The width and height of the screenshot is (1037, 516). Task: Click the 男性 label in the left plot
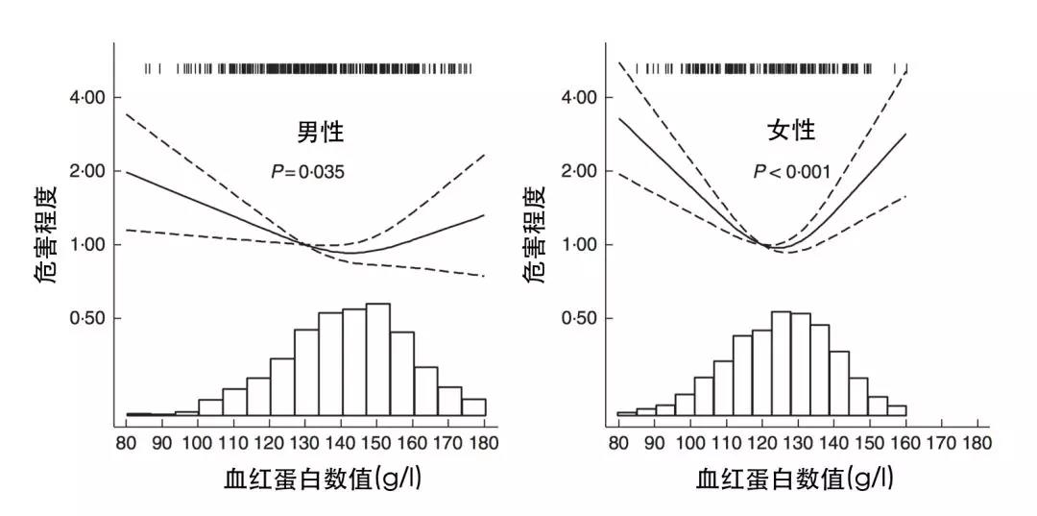click(x=319, y=131)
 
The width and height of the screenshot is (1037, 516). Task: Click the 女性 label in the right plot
click(x=790, y=131)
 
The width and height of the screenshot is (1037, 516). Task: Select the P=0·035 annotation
click(x=307, y=173)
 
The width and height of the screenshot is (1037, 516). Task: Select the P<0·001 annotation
click(x=791, y=173)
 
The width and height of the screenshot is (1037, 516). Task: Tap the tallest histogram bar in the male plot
click(x=378, y=359)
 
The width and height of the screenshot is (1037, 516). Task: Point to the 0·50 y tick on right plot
click(x=578, y=318)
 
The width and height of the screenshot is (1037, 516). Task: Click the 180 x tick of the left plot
click(x=485, y=443)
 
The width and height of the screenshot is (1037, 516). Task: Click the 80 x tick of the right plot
click(x=618, y=443)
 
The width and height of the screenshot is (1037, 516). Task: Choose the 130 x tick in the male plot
click(x=305, y=443)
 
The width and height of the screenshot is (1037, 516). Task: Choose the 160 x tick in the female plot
click(x=905, y=443)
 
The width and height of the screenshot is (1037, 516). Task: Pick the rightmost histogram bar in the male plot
click(x=473, y=407)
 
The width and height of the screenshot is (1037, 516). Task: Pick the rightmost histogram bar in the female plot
click(x=897, y=410)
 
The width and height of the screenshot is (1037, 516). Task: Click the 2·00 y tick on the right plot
click(x=578, y=171)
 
